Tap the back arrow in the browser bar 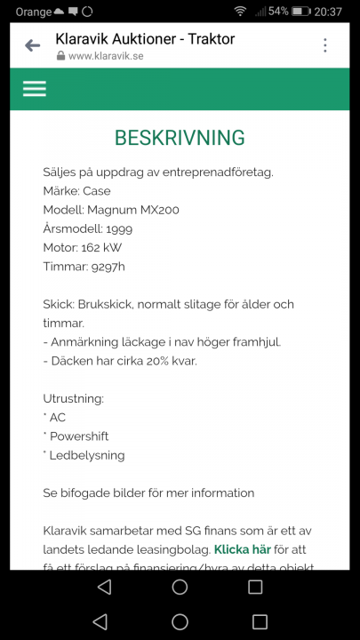pos(33,45)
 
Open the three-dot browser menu pos(325,45)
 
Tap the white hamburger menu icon pos(35,89)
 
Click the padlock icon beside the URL pos(60,55)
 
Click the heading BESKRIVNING pos(180,138)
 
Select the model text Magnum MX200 pos(133,210)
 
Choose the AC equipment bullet pos(57,418)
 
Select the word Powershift pos(79,436)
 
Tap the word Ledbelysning pos(87,455)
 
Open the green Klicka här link pos(242,549)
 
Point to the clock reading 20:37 pos(328,12)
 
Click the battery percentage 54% pos(278,12)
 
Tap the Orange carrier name pos(34,12)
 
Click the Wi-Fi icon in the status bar pos(240,12)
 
